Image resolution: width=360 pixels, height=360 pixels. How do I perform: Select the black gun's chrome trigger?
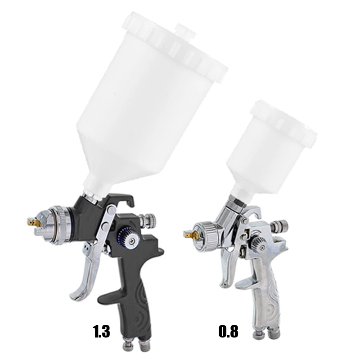[x=85, y=270]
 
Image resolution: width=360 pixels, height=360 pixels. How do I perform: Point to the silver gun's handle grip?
[x=265, y=297]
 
